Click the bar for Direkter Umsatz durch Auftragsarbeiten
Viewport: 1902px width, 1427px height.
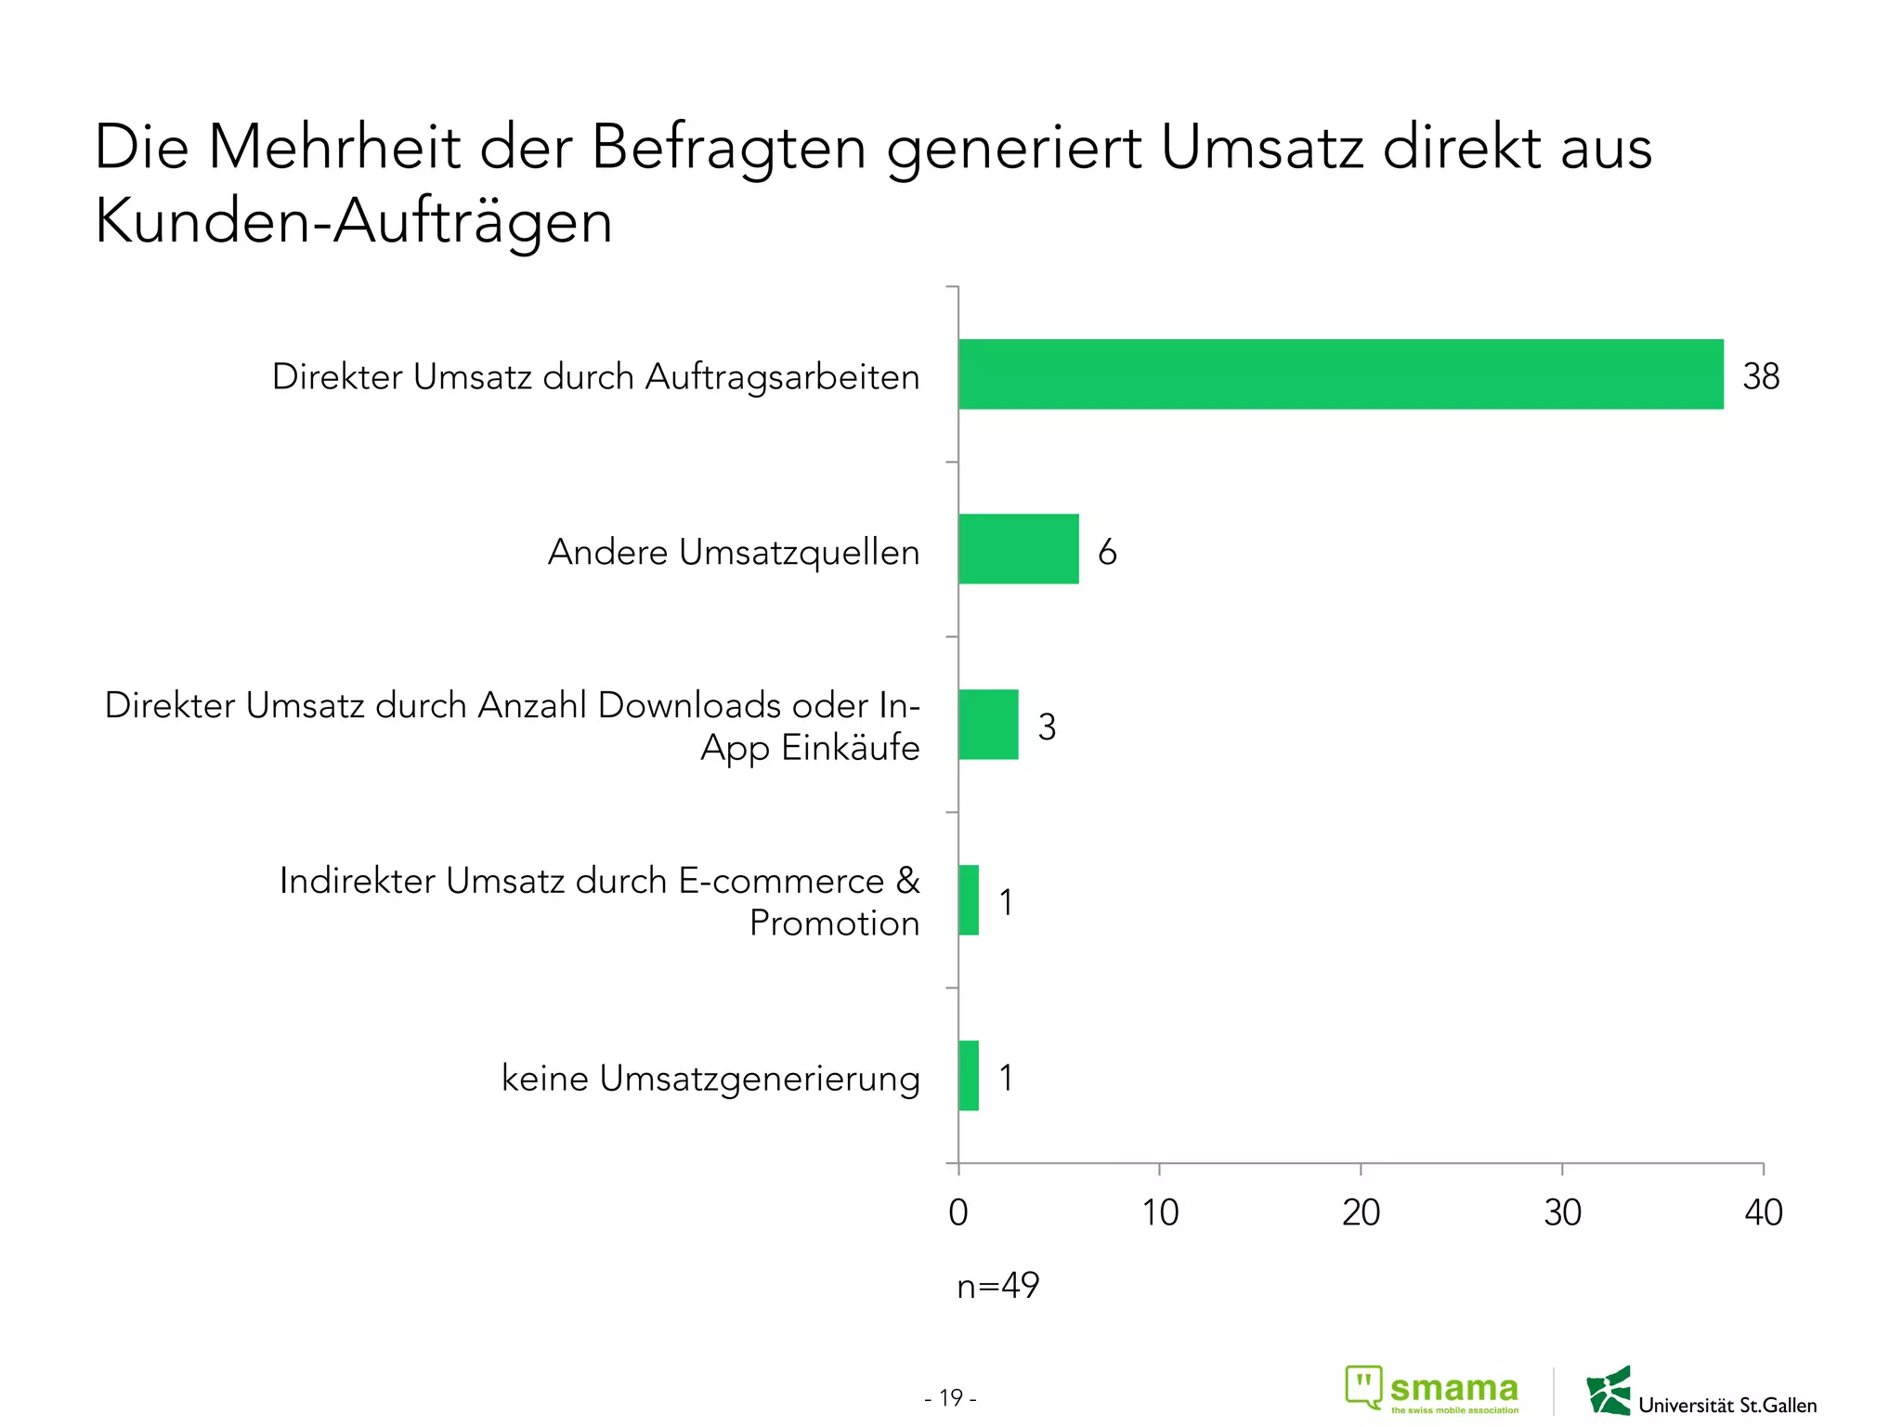[x=1340, y=374]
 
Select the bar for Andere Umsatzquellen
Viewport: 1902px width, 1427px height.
[x=1018, y=549]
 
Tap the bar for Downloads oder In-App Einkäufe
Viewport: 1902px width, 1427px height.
[x=988, y=725]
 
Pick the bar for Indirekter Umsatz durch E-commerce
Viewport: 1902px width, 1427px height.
[x=969, y=900]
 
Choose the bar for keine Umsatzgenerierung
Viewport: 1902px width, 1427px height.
[x=969, y=1076]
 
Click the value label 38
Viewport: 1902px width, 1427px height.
[x=1760, y=376]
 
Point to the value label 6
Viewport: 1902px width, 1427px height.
[x=1106, y=552]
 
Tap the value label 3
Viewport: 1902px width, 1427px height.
[x=1047, y=727]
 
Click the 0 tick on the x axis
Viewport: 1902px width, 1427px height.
[x=958, y=1212]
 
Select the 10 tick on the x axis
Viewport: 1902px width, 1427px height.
[x=1159, y=1212]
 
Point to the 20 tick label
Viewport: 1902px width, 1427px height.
[x=1361, y=1212]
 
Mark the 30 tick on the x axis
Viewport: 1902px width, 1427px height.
[x=1562, y=1212]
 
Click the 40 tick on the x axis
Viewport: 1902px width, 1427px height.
[x=1763, y=1212]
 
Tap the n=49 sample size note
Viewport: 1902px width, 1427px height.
[x=997, y=1286]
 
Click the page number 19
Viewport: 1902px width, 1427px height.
[x=950, y=1397]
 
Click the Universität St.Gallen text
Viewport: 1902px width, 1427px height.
[x=1726, y=1405]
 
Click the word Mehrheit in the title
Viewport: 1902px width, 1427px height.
[x=333, y=148]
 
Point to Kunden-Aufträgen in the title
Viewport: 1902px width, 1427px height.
[x=353, y=223]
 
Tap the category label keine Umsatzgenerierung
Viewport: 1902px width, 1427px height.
[x=710, y=1079]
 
